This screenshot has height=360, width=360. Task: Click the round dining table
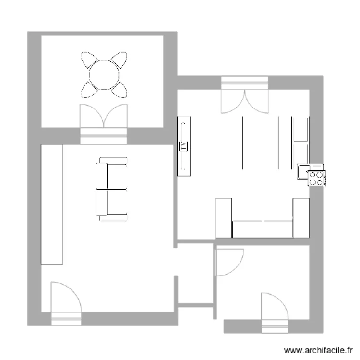[x=104, y=74]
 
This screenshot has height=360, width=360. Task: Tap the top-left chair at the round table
[x=89, y=60]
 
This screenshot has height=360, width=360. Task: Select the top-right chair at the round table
[x=119, y=60]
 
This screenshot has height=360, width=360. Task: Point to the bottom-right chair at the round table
[x=120, y=89]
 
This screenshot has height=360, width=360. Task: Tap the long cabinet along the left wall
[x=52, y=204]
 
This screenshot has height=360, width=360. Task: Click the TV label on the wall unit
[x=184, y=146]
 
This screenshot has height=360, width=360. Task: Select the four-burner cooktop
[x=316, y=179]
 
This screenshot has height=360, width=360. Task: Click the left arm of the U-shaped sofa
[x=224, y=217]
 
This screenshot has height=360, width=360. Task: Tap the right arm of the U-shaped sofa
[x=300, y=217]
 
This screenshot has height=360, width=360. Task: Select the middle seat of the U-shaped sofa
[x=262, y=228]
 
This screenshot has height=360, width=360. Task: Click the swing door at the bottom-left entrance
[x=65, y=298]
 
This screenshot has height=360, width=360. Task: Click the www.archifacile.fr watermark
[x=319, y=351]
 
